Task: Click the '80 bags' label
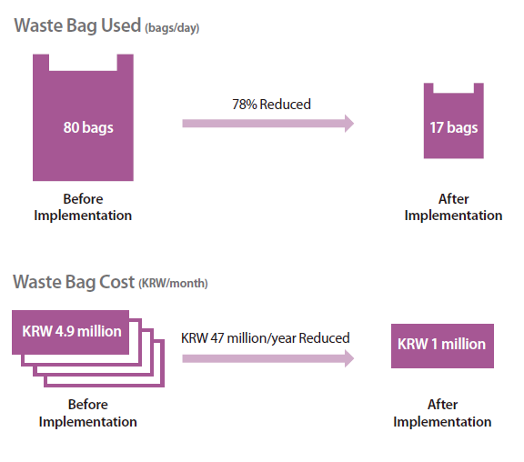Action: (88, 127)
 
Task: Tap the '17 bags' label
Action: (453, 127)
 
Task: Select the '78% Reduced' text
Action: (271, 105)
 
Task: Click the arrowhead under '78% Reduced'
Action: (349, 124)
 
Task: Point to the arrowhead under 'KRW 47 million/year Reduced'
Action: (349, 358)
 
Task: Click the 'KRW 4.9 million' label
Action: (72, 331)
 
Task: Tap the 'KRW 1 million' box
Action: (442, 346)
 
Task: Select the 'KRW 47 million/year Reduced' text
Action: (266, 338)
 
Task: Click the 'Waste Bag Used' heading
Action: (77, 25)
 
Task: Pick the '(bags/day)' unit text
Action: (172, 27)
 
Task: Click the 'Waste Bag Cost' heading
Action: (74, 282)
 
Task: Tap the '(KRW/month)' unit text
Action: (173, 283)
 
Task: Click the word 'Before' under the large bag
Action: (83, 199)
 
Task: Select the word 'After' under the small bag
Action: (453, 199)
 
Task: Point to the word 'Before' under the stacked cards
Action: (88, 405)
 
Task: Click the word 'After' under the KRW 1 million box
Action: (442, 405)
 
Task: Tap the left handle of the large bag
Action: (41, 63)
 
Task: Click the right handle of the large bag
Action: (125, 63)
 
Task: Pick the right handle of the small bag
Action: (479, 88)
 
